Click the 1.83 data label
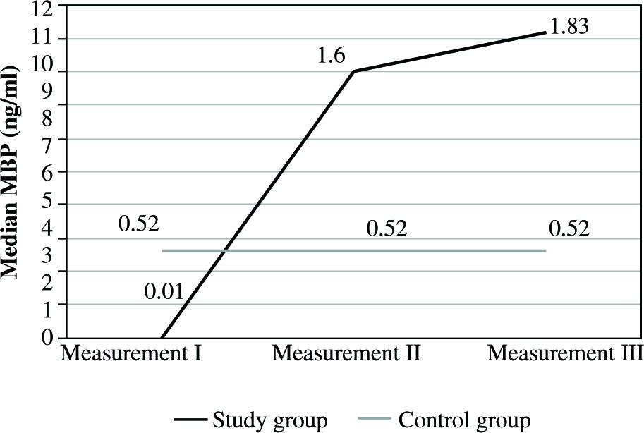coord(569,27)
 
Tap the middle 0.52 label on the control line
coord(387,230)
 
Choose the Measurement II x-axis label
coord(346,352)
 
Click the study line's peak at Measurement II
coord(353,71)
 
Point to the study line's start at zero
coord(162,337)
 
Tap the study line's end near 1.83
coord(545,32)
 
